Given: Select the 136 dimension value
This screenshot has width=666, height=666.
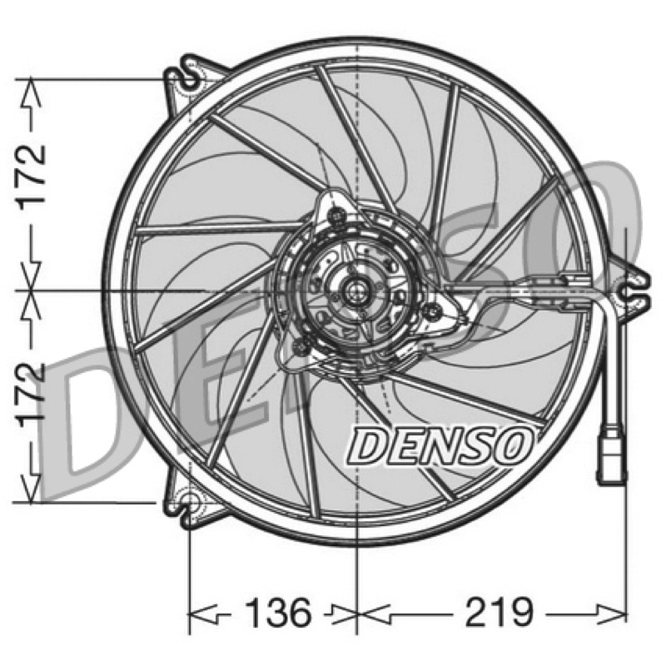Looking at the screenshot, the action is tap(278, 613).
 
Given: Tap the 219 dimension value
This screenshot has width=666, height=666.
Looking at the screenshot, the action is tap(499, 613).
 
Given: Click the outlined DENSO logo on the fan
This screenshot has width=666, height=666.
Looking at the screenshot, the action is tap(440, 446).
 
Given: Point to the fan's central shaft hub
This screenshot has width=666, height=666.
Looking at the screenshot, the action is tap(356, 291).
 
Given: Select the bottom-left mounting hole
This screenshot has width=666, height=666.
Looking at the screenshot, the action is tap(191, 503).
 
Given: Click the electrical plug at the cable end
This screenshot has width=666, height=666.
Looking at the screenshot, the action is tap(612, 459).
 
